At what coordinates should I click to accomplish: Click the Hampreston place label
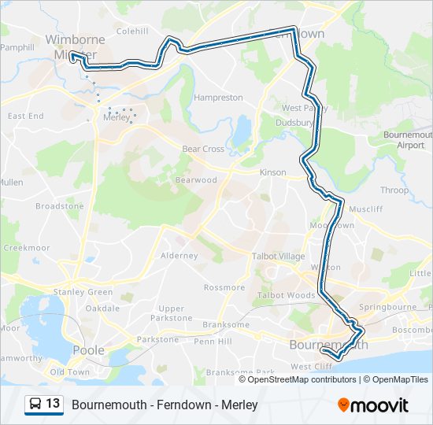coord(218,98)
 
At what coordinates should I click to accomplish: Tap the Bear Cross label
coord(203,149)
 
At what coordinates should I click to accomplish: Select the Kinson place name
coord(273,172)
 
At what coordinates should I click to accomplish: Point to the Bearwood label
coord(196,180)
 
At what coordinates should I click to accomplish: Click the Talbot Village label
coord(277,257)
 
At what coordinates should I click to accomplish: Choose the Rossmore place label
coord(224,287)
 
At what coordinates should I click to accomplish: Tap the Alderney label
coord(179,256)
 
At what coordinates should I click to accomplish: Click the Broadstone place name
coord(59,206)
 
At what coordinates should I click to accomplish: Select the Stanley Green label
coord(83,292)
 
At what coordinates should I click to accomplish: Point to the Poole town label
coord(88,350)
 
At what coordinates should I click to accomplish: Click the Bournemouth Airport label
coord(409,140)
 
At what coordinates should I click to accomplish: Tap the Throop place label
coord(394,190)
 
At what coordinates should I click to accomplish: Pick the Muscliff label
coord(365,210)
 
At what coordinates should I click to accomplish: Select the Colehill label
coord(131,31)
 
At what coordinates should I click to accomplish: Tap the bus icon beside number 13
coord(35,404)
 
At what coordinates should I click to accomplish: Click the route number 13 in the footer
coord(53,404)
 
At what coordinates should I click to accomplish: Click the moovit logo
coord(373,405)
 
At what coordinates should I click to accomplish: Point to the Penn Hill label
coord(213,342)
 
